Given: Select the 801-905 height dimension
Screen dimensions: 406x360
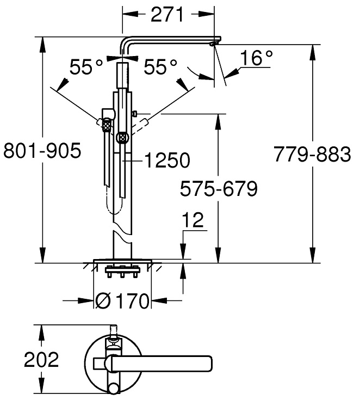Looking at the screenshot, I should (42, 150).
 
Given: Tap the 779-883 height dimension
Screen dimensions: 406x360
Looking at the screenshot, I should (312, 155).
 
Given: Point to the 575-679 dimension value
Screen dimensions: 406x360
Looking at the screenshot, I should (219, 189).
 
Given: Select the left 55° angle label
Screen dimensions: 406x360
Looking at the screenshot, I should (86, 67).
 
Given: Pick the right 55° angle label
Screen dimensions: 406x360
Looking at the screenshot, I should (160, 67).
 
